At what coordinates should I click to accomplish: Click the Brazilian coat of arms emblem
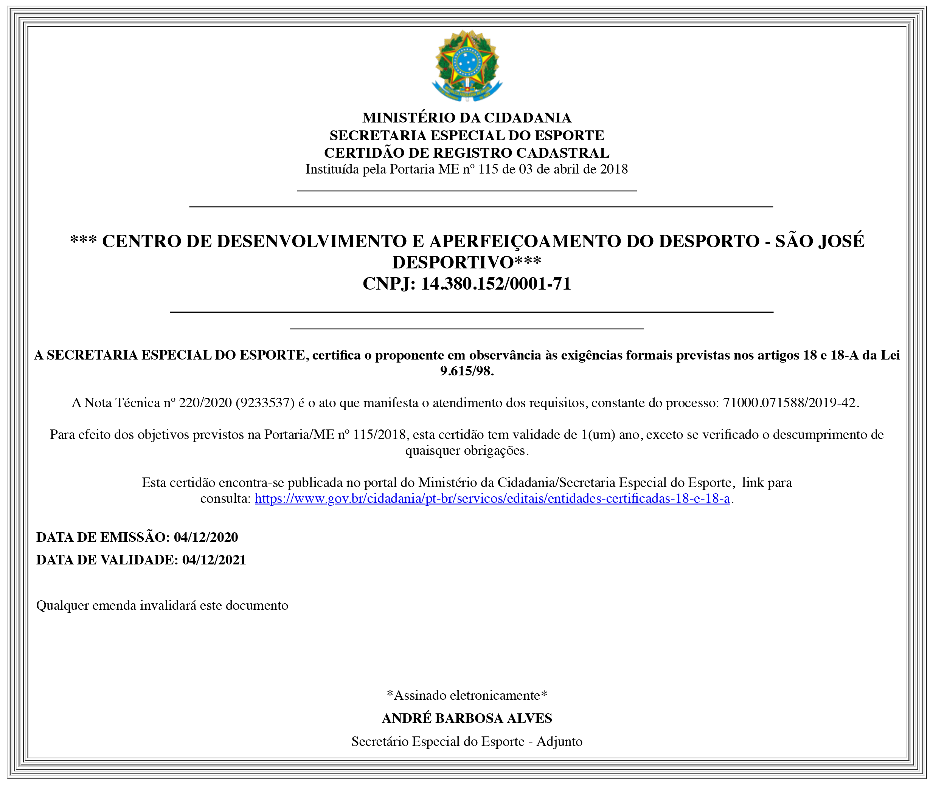click(467, 65)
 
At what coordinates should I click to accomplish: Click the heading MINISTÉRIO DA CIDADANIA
click(467, 118)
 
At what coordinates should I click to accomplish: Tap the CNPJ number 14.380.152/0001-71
click(496, 284)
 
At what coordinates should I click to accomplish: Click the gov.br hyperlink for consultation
click(492, 498)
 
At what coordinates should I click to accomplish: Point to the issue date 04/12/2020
click(206, 537)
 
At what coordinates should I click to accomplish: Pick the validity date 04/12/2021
click(214, 560)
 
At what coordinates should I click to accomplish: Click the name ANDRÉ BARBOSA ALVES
click(467, 718)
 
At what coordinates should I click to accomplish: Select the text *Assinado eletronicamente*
click(467, 695)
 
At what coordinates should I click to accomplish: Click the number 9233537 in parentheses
click(264, 403)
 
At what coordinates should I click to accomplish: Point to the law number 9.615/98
click(467, 371)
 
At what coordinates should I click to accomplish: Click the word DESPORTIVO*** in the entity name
click(467, 262)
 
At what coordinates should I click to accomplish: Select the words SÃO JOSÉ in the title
click(819, 242)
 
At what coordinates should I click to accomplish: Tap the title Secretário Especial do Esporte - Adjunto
click(467, 741)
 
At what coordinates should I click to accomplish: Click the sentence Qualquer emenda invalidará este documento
click(162, 606)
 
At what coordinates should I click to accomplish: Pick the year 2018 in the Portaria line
click(614, 169)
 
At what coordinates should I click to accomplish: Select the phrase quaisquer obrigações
click(467, 450)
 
